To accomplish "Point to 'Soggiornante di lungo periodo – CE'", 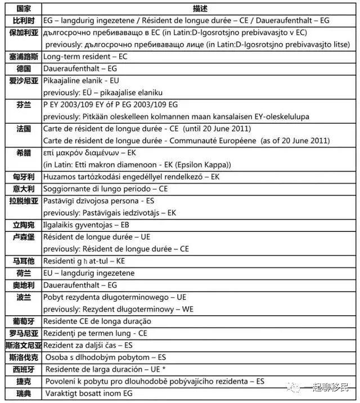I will coord(105,189).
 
